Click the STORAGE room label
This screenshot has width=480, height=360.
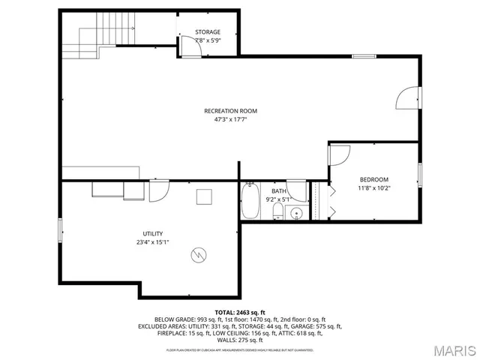(208, 31)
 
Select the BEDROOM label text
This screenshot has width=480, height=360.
(373, 179)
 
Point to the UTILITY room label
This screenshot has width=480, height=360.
(153, 233)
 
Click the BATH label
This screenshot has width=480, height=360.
(278, 191)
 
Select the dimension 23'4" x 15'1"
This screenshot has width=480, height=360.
(153, 241)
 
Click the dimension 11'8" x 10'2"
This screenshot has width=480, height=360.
(373, 187)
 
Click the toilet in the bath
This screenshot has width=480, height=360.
(277, 214)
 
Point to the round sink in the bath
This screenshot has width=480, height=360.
(297, 213)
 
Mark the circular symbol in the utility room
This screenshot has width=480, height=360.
(198, 255)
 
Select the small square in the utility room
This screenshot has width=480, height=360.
(204, 196)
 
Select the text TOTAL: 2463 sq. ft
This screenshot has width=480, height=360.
(240, 311)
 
